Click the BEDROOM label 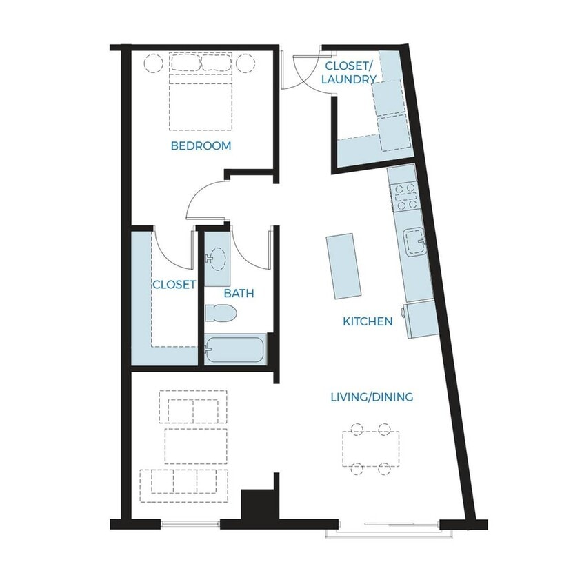(201, 146)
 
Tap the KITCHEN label (368, 321)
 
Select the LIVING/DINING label (372, 397)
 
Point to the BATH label (239, 294)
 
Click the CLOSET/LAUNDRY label (349, 72)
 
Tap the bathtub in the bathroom (235, 350)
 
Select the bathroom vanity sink (216, 258)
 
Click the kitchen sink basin (414, 242)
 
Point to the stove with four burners (405, 197)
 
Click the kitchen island (343, 265)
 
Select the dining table (371, 449)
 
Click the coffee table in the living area (196, 446)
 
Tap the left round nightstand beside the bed (154, 63)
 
